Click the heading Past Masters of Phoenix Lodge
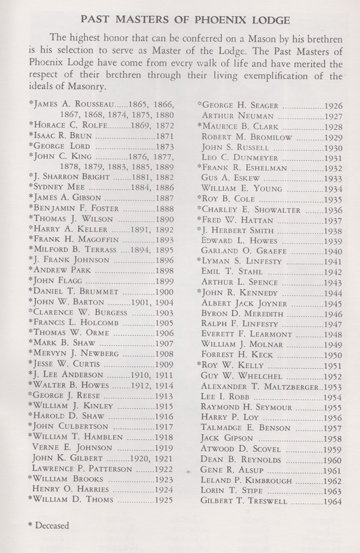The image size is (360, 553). (x=185, y=21)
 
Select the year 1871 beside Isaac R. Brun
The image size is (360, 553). (x=165, y=136)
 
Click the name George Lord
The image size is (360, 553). (x=60, y=147)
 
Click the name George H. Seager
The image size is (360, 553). (x=239, y=106)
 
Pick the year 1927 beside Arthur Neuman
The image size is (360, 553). (x=333, y=116)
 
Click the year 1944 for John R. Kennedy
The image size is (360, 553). (x=333, y=293)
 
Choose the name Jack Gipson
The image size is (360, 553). (x=225, y=439)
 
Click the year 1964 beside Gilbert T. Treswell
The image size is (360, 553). (x=333, y=501)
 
